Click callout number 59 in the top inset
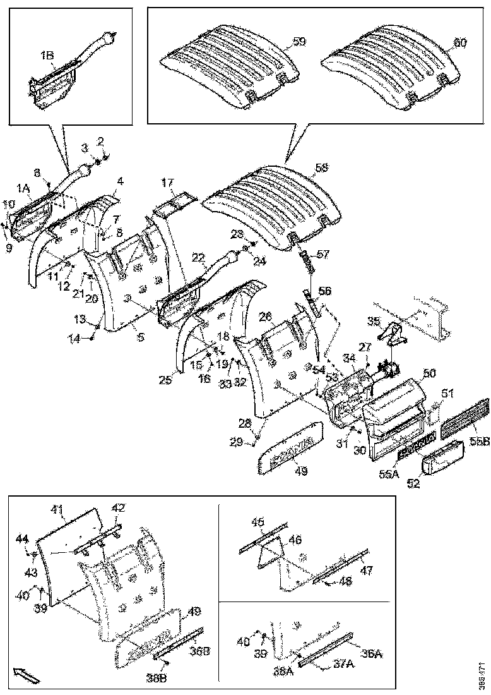299,42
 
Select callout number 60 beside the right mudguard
461,43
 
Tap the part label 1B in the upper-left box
47,56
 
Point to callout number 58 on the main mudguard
322,167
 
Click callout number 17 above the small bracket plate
167,183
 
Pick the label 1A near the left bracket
23,188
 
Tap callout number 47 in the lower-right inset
366,570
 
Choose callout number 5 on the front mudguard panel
141,337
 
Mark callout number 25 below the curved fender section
165,380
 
